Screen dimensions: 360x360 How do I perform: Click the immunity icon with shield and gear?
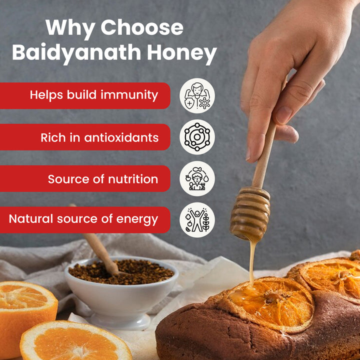(197, 95)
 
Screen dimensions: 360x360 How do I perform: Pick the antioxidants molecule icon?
(197, 137)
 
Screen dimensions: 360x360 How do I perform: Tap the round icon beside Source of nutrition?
(197, 178)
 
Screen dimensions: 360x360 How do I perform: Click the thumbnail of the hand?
(282, 115)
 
